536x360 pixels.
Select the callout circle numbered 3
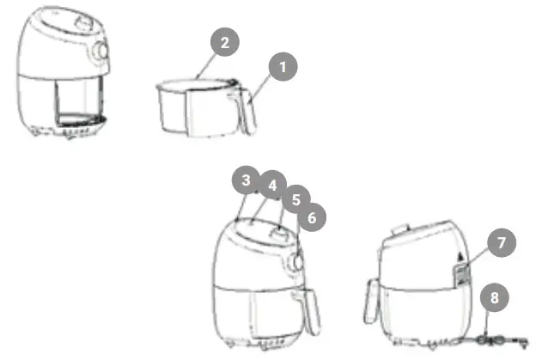247,180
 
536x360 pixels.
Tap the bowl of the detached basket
190,107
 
